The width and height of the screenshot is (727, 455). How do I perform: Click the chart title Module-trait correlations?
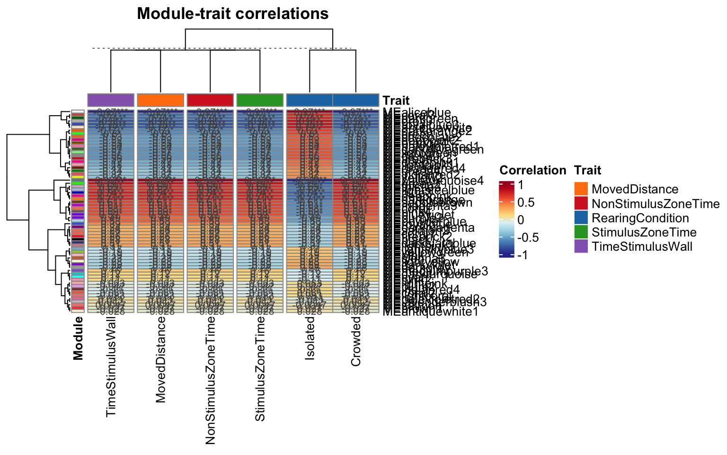(232, 14)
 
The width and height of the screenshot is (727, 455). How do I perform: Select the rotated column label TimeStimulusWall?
(111, 367)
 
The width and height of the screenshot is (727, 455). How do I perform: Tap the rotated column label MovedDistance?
(161, 360)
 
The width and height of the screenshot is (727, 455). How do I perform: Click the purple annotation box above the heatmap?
(111, 100)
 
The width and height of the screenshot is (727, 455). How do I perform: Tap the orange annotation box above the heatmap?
(160, 100)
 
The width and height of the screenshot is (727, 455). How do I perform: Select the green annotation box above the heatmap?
(260, 100)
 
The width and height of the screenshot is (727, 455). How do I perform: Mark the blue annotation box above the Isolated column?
(310, 100)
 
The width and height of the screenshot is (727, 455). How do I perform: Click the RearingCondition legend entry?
(640, 218)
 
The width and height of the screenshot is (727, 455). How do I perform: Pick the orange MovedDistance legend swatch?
(581, 190)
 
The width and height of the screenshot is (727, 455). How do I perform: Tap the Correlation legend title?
(532, 171)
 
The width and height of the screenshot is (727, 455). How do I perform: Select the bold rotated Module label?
(79, 338)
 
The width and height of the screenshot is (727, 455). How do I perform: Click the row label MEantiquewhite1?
(430, 311)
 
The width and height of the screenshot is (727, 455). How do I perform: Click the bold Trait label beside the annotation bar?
(396, 100)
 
